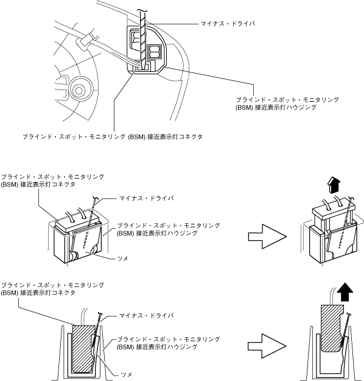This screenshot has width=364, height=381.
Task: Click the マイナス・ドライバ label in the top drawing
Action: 228,24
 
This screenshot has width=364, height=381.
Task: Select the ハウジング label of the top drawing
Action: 287,103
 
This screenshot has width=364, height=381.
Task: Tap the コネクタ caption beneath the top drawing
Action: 113,136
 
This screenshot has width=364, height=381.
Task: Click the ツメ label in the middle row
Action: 123,259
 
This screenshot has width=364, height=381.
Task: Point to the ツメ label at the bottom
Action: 127,374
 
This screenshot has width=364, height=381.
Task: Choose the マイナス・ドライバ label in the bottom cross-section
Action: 146,316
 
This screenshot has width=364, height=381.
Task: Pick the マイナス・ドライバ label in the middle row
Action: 146,198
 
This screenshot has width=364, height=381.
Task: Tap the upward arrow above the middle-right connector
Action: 334,185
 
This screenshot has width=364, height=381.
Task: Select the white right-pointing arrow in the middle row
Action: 268,236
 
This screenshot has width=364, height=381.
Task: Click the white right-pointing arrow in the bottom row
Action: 268,346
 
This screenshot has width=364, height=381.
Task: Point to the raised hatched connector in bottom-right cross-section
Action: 332,328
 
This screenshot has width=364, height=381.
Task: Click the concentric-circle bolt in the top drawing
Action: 79,91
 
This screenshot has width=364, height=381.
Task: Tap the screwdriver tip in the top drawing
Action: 143,69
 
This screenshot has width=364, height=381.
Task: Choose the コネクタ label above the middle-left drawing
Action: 52,181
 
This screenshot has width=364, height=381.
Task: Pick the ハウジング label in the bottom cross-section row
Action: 169,343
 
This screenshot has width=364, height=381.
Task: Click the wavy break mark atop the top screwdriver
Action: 142,10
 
